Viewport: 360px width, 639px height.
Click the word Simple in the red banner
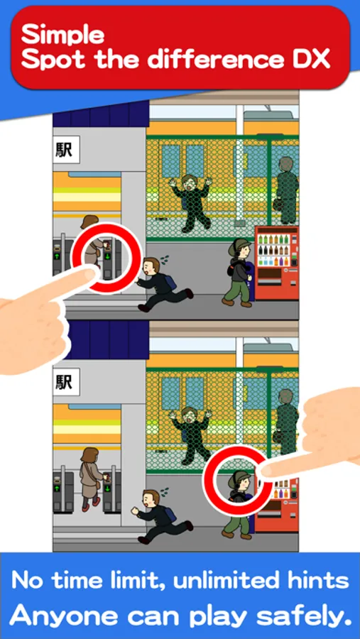coord(62,34)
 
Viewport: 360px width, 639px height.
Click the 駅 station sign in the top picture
coord(65,150)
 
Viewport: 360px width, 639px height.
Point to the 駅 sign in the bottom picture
coord(65,382)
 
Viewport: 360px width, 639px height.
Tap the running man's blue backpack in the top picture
coord(170,281)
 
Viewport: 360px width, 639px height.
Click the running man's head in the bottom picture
coord(151,499)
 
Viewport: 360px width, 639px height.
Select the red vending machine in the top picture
coord(277,263)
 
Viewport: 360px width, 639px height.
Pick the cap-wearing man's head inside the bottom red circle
coord(239,481)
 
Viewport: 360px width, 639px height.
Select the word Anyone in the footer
coord(55,616)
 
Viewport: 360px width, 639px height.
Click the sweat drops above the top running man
coord(165,258)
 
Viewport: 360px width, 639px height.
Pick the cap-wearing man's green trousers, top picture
coord(239,290)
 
